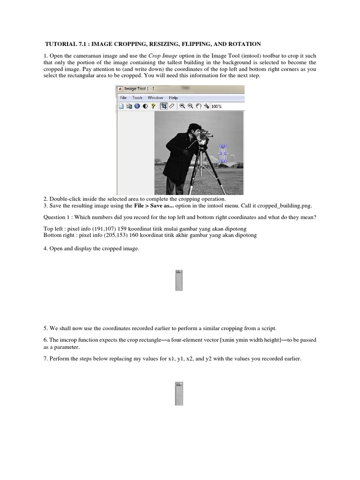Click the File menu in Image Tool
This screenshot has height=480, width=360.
click(124, 97)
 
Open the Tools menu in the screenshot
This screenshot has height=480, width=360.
click(137, 97)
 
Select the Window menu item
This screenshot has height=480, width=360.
click(155, 97)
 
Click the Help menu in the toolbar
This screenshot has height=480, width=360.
click(173, 97)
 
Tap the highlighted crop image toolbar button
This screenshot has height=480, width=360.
click(164, 106)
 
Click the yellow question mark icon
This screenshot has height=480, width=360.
click(153, 106)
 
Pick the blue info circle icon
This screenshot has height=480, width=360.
click(137, 106)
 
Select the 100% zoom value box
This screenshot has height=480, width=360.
click(217, 106)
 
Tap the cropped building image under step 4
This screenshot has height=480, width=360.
click(179, 280)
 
